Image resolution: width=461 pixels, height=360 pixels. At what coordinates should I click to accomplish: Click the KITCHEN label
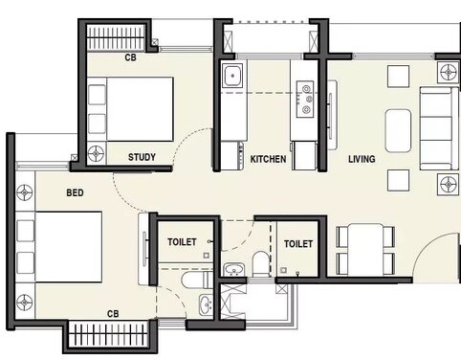(268, 159)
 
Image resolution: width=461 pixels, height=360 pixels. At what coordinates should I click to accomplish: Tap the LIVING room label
(361, 159)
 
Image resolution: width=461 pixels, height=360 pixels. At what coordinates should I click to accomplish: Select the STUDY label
(143, 156)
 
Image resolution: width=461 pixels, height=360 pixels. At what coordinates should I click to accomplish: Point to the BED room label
(75, 192)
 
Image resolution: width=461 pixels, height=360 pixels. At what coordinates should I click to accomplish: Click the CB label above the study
(130, 58)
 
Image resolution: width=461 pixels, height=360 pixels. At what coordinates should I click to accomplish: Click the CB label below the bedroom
(113, 314)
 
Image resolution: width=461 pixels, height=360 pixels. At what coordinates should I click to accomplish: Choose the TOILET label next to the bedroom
(182, 243)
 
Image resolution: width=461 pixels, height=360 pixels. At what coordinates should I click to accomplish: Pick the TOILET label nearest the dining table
(298, 244)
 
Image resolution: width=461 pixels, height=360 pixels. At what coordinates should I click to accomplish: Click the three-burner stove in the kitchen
(307, 97)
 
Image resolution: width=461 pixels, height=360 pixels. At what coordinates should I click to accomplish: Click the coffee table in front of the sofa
(398, 126)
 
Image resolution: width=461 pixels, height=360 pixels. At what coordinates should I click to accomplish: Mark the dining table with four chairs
(364, 248)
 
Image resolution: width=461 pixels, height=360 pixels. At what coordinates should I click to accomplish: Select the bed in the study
(131, 107)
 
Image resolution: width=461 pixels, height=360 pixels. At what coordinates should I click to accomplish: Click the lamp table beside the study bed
(96, 152)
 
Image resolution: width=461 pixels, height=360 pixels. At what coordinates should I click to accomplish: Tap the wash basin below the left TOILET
(206, 305)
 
